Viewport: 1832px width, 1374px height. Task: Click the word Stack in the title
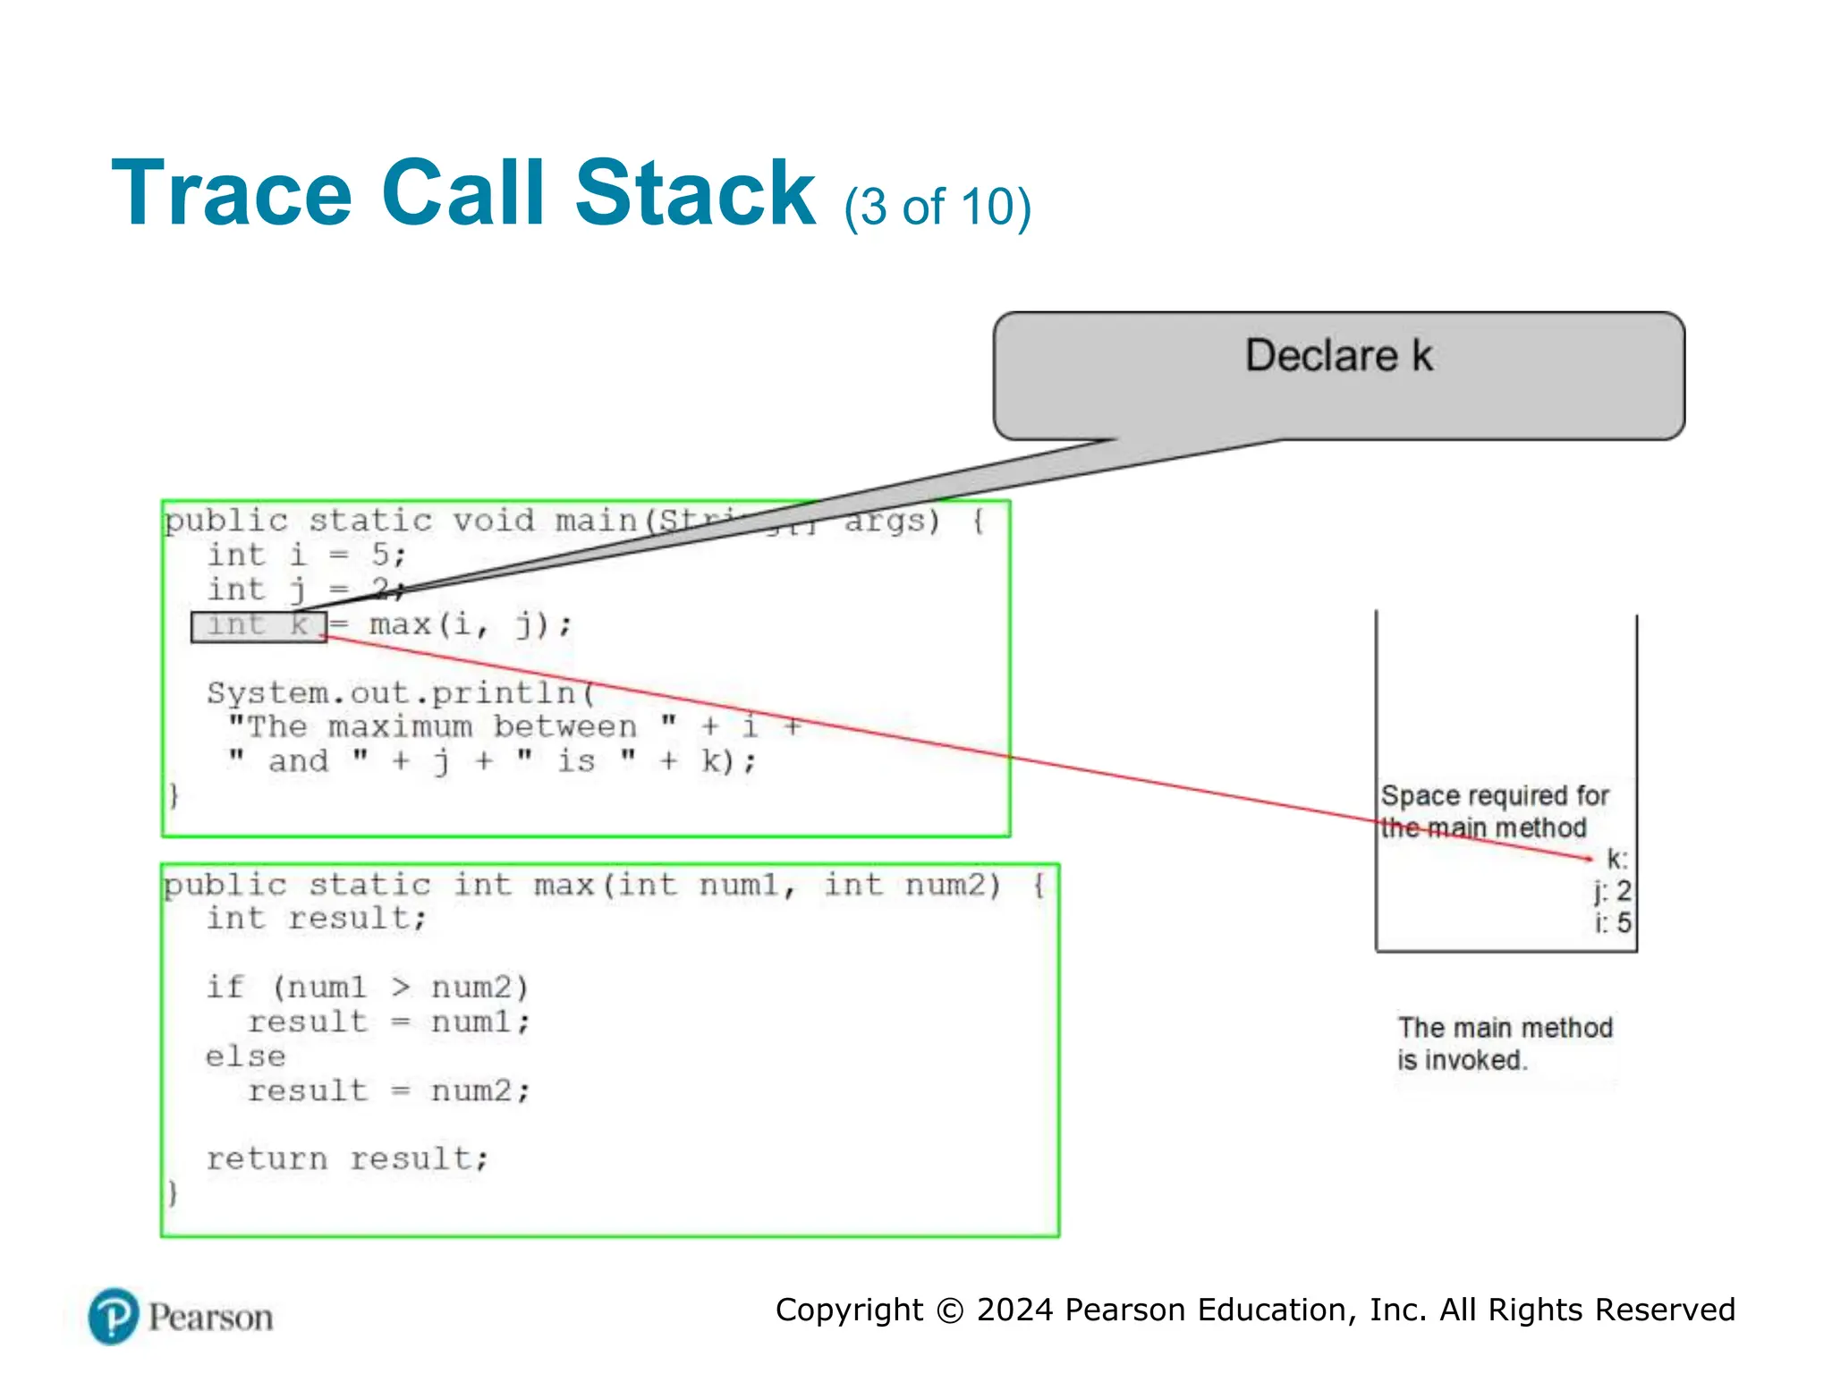[694, 193]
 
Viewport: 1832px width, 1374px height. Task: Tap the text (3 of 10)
[937, 208]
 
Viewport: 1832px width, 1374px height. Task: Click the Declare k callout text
[1338, 356]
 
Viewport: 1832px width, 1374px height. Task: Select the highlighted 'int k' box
[259, 626]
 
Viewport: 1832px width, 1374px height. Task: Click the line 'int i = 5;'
[306, 556]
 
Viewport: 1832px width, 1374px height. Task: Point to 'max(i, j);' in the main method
[470, 624]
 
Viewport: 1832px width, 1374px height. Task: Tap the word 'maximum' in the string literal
[400, 726]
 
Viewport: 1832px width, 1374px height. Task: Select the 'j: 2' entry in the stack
[1613, 891]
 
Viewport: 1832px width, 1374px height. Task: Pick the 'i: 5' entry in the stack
[1614, 922]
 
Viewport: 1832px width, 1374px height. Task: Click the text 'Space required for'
[1494, 795]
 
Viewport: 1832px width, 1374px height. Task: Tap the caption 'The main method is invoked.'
[1505, 1044]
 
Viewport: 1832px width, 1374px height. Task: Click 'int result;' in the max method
[316, 919]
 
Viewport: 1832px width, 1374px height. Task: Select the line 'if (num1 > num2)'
[367, 988]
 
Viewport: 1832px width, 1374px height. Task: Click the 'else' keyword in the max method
[245, 1056]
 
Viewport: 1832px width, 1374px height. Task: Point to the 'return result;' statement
[347, 1159]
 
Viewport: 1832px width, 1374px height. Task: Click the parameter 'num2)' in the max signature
[952, 885]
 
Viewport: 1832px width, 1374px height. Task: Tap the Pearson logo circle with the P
[114, 1317]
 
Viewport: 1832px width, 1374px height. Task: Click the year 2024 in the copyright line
[1014, 1310]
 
